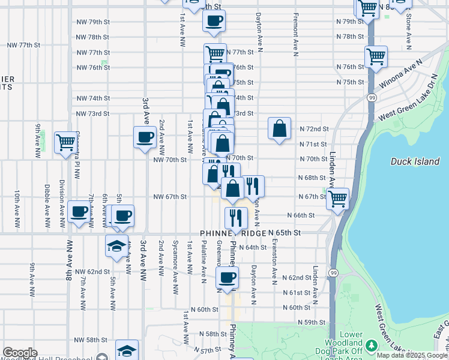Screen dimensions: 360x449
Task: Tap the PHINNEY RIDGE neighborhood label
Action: [233, 232]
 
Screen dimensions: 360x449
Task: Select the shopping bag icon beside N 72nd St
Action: [279, 128]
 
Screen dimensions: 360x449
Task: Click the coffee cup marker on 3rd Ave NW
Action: [145, 137]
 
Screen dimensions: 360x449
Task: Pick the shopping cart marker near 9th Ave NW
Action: [65, 143]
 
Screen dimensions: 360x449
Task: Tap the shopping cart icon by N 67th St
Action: [338, 199]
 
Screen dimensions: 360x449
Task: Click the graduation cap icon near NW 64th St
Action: [116, 246]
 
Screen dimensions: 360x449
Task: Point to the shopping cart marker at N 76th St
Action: [376, 57]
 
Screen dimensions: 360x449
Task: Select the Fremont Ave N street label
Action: [295, 34]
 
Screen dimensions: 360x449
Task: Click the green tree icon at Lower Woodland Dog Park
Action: [372, 345]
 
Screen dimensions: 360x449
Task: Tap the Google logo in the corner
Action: [20, 353]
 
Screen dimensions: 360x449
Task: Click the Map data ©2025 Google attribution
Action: [412, 355]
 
